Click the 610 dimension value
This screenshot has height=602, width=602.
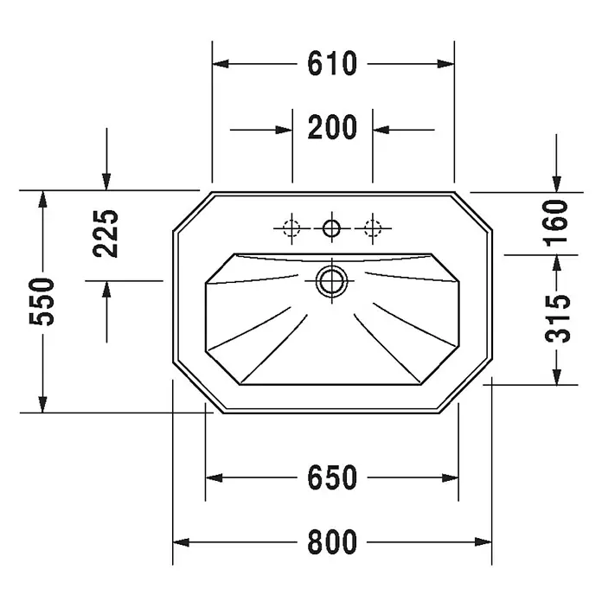(x=332, y=63)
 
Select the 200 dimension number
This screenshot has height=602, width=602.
(x=332, y=127)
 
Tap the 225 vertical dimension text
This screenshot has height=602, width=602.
(x=106, y=234)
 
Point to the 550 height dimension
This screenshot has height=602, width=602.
(x=42, y=302)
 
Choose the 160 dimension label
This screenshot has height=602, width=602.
(x=556, y=222)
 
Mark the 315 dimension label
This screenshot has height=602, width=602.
(x=558, y=318)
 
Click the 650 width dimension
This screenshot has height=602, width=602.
(x=332, y=477)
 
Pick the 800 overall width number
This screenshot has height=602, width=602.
(x=332, y=542)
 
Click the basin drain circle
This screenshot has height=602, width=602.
(x=332, y=281)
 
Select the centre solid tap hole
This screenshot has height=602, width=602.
(x=332, y=228)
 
